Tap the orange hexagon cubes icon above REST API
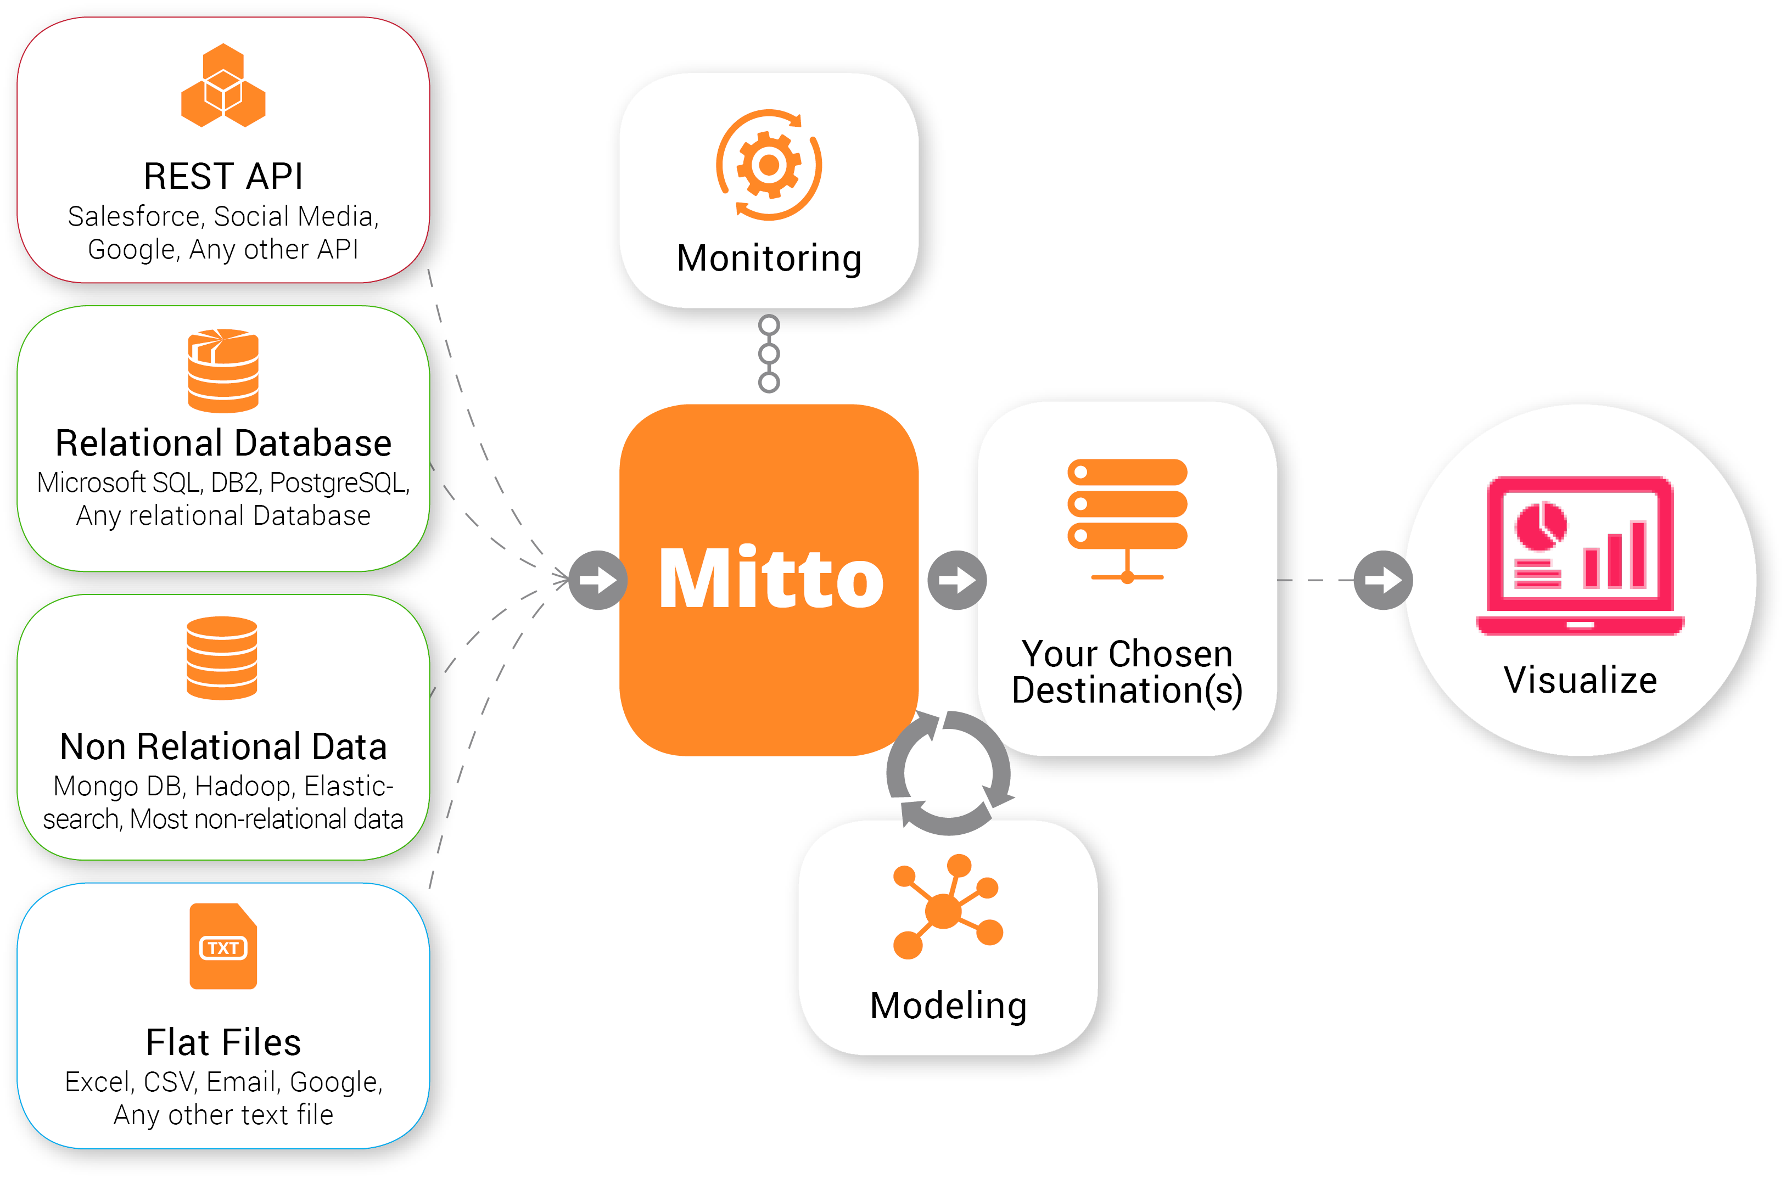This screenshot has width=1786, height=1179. (223, 86)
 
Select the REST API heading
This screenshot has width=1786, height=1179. (223, 177)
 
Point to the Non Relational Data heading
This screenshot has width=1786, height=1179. (223, 746)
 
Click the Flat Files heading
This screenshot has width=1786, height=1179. (223, 1042)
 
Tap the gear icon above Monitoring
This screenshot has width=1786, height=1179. (769, 165)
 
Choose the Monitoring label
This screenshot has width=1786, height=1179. (769, 258)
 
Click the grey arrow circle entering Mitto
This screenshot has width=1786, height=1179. (598, 580)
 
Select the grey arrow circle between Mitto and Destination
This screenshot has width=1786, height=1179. (956, 580)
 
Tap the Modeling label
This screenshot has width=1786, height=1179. (948, 1006)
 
